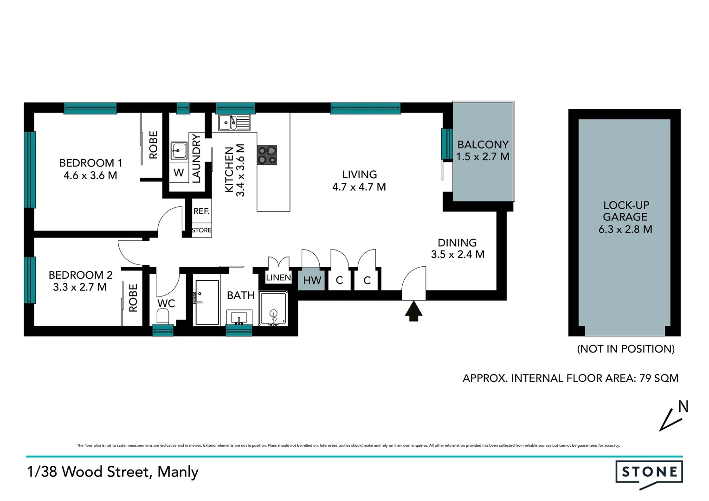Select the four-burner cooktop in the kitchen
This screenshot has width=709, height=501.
(x=267, y=155)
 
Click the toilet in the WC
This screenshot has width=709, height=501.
(x=163, y=318)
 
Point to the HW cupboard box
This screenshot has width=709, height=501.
(x=312, y=280)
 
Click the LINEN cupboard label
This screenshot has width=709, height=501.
(x=278, y=278)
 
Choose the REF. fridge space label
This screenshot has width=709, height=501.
(x=201, y=211)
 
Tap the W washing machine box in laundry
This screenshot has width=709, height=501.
(x=179, y=173)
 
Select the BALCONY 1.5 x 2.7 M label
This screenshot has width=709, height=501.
(x=483, y=151)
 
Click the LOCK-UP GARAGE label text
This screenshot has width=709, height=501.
(x=625, y=211)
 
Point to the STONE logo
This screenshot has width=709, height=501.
(x=649, y=473)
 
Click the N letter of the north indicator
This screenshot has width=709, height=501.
(x=683, y=407)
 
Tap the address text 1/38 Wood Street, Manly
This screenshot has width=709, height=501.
(x=113, y=472)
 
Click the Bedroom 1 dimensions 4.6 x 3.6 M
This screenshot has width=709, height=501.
(x=90, y=176)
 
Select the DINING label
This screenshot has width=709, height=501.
(x=457, y=243)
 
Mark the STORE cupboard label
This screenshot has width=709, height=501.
(x=201, y=230)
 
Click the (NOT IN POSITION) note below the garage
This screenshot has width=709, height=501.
(x=625, y=349)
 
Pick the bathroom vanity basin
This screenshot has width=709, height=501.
(x=239, y=318)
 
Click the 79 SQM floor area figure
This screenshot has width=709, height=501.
(x=658, y=378)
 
